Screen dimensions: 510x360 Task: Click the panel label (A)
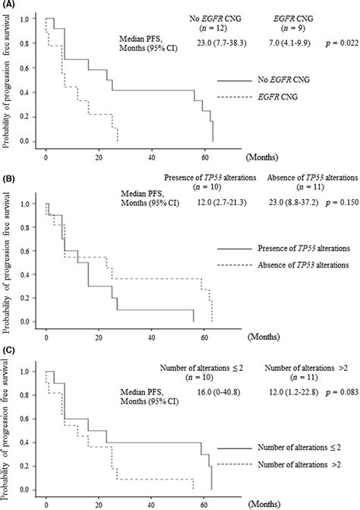coord(10,7)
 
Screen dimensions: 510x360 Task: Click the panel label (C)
coord(10,350)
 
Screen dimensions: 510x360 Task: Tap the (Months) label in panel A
coord(264,154)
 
